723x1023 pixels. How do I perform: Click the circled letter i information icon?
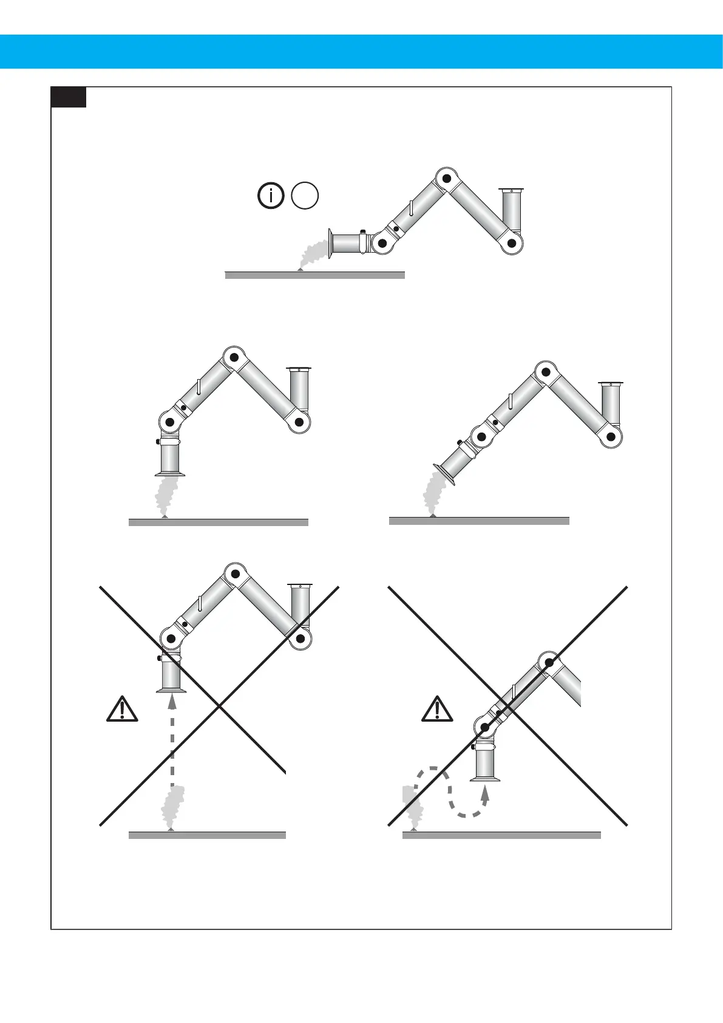tap(271, 196)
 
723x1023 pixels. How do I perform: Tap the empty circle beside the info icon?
tap(305, 196)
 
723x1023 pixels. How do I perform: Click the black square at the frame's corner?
tap(68, 97)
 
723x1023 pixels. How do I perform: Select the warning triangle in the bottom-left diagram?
tap(122, 708)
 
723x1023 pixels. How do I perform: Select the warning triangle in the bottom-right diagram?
tap(437, 709)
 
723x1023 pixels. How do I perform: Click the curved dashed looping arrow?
tap(449, 790)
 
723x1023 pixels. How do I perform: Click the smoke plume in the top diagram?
tap(313, 253)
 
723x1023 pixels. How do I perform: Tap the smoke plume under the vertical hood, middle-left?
tap(165, 495)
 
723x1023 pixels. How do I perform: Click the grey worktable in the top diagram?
tap(314, 275)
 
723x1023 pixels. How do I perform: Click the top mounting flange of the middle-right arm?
tap(611, 383)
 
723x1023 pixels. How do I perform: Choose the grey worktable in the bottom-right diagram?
tap(501, 836)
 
